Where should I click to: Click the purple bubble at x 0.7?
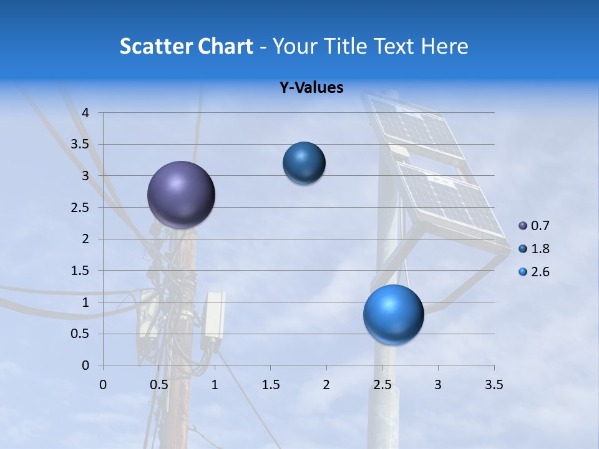point(182,195)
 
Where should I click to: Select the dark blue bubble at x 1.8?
point(304,163)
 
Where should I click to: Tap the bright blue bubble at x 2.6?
point(393,314)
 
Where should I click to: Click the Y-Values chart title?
point(311,88)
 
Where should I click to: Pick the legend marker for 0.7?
point(522,226)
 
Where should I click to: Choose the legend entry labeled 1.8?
point(540,249)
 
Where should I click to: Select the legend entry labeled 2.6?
point(540,272)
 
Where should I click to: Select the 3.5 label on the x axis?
point(494,385)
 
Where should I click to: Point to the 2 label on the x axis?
point(326,385)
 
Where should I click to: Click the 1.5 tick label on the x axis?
point(270,385)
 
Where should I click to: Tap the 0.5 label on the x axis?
point(158,385)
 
